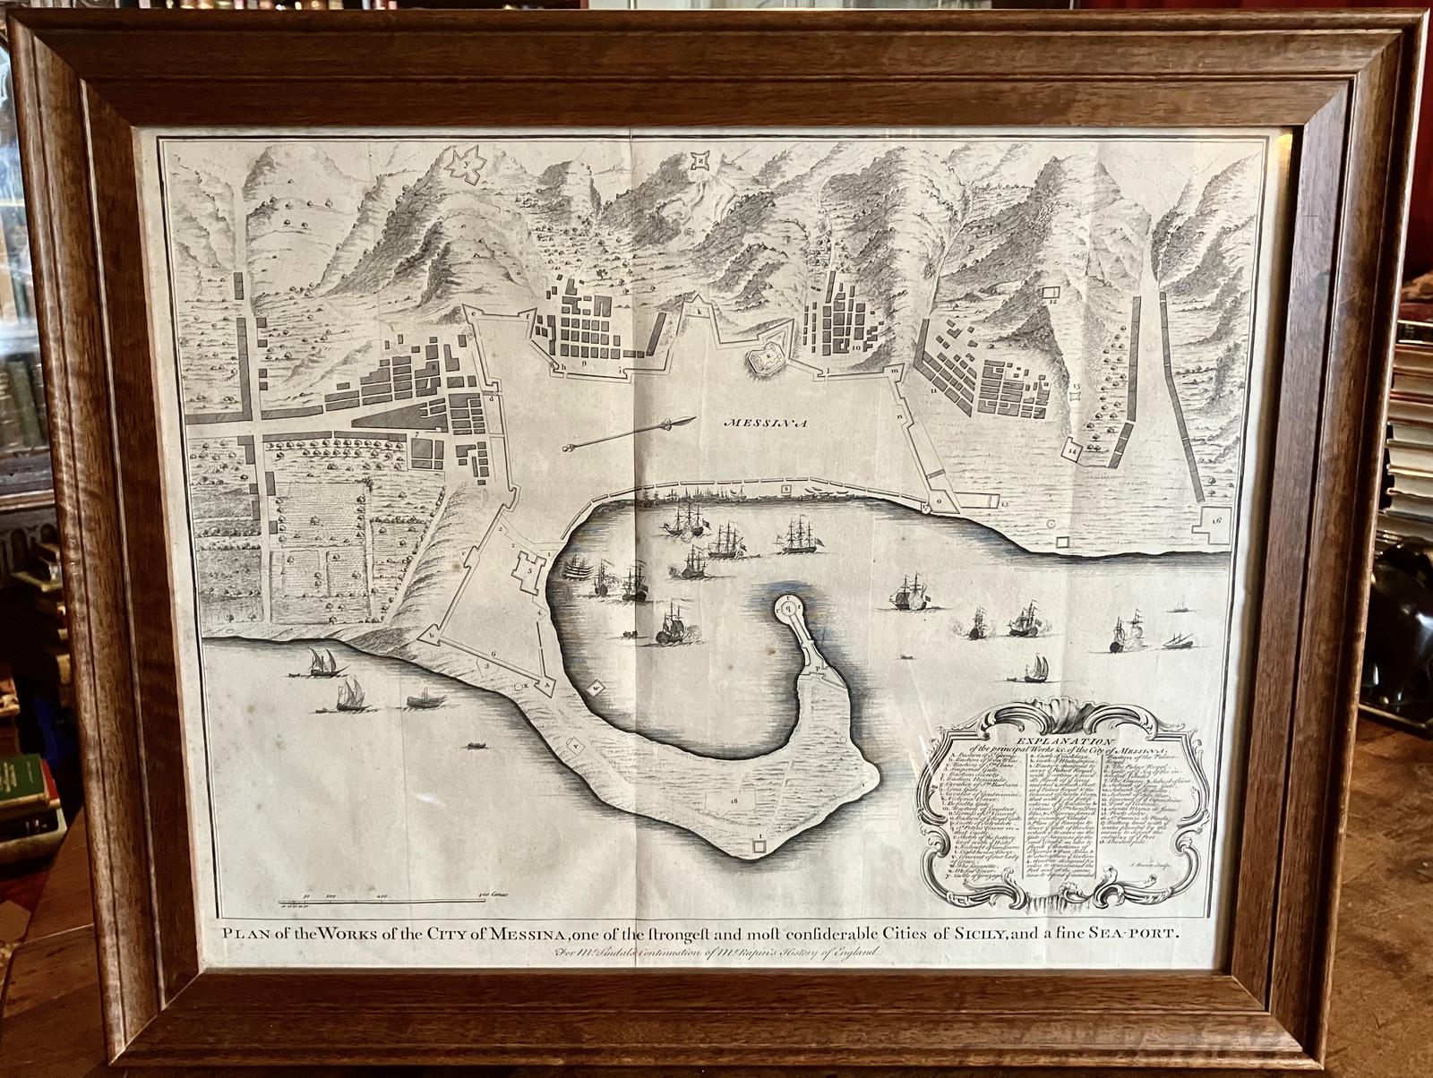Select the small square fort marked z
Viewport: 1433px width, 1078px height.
(x=697, y=161)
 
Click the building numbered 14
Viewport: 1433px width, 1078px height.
(x=1075, y=450)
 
